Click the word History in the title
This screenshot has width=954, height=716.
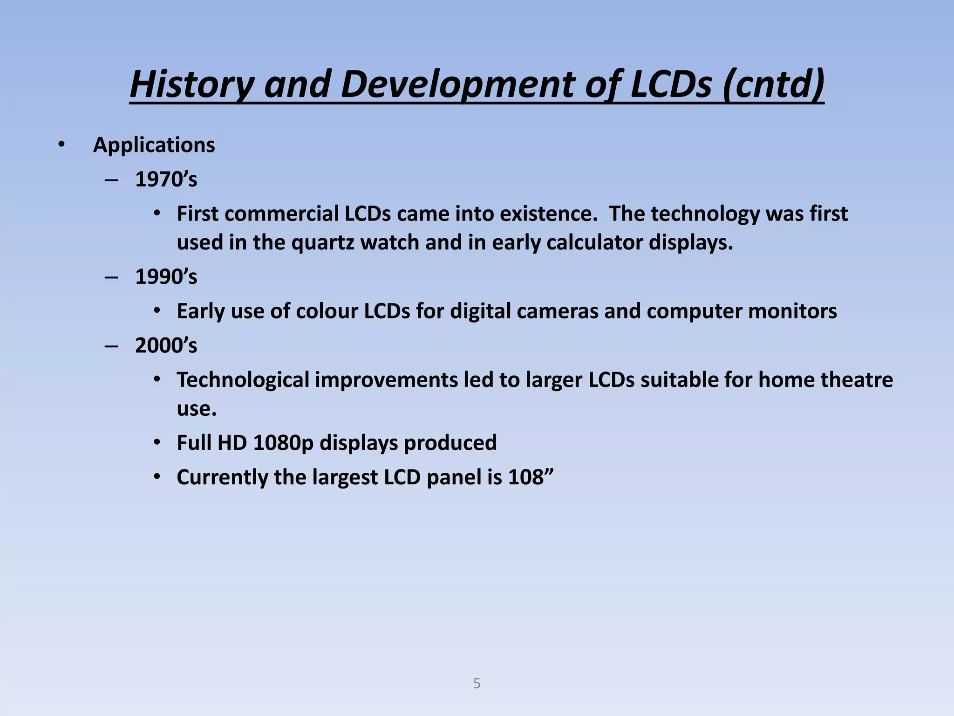pos(191,84)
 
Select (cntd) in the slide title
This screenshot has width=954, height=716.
pos(773,84)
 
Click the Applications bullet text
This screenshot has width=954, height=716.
pos(154,145)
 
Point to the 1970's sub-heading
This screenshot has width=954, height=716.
pos(166,179)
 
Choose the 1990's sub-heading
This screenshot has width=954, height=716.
pos(166,277)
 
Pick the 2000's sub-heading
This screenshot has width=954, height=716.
pos(166,346)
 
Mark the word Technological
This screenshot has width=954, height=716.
pos(243,380)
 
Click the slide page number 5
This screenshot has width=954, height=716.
pos(477,683)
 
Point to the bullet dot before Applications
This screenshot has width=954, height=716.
pos(61,145)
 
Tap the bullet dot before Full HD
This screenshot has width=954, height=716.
pos(157,443)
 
